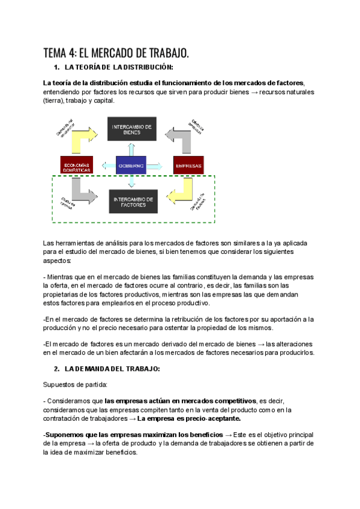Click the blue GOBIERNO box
point(130,164)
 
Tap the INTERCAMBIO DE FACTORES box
point(133,201)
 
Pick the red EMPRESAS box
point(188,164)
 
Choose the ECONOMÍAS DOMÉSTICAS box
point(76,165)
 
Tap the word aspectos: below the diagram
point(56,261)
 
